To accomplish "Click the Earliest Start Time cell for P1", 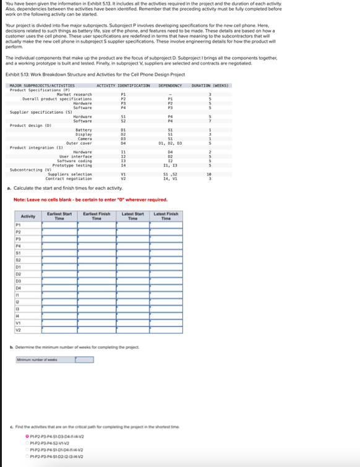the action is [60, 226].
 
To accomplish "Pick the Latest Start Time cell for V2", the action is [132, 330].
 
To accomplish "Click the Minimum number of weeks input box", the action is [77, 359].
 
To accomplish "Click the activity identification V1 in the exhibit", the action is [123, 175].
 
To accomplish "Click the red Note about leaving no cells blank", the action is [90, 200].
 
